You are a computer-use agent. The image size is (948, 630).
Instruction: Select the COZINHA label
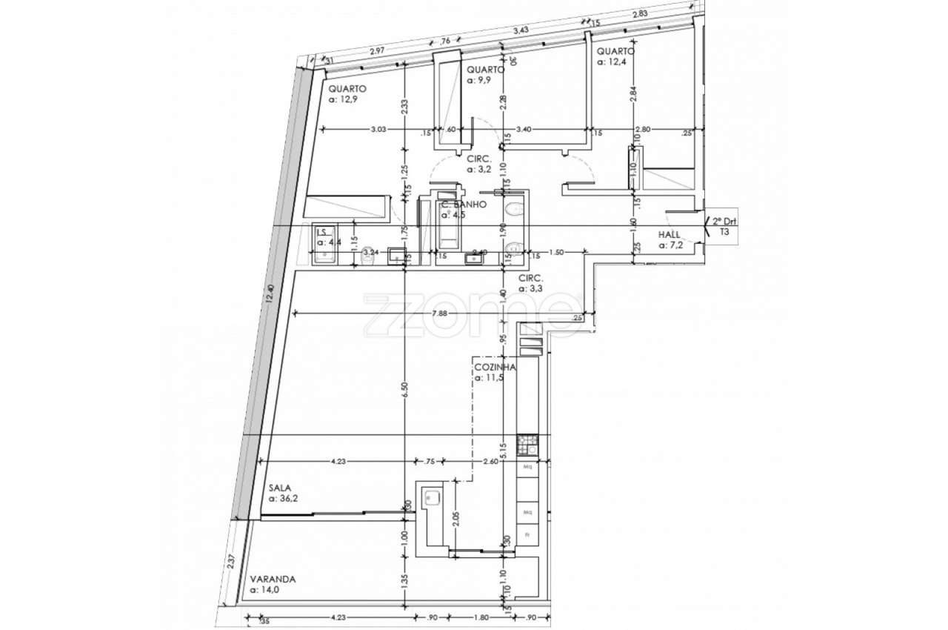click(x=495, y=367)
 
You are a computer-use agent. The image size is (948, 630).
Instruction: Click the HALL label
click(x=669, y=235)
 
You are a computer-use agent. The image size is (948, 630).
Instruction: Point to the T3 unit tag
click(x=725, y=231)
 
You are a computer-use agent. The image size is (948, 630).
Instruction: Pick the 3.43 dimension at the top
click(x=521, y=30)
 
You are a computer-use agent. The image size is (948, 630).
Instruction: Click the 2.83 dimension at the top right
click(x=640, y=14)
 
